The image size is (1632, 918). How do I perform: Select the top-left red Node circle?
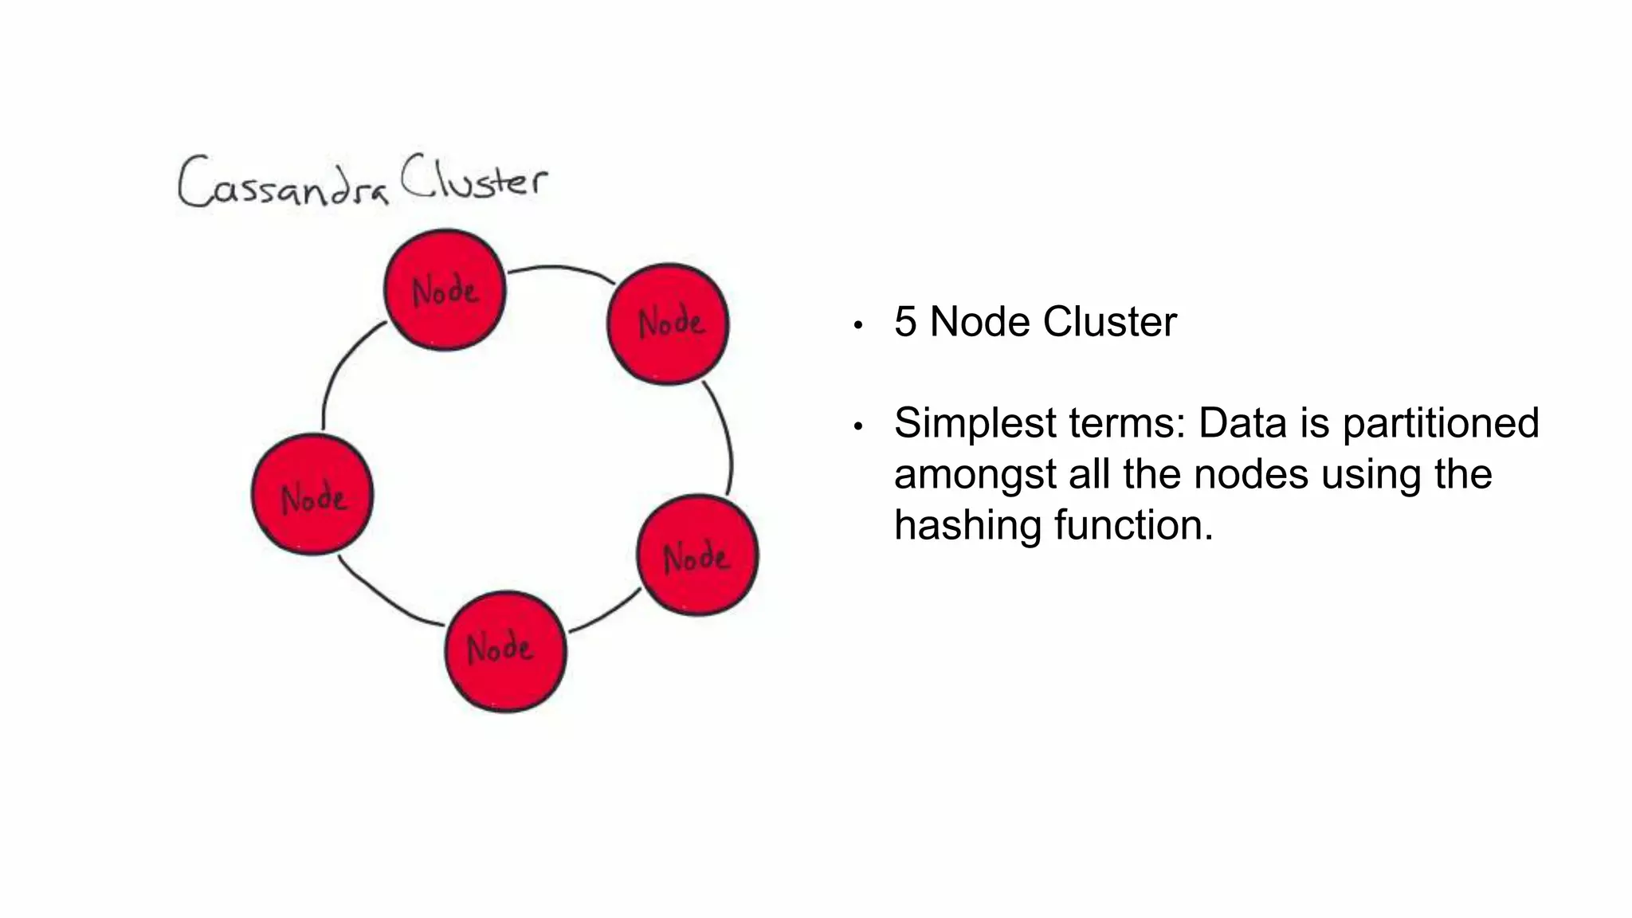445,290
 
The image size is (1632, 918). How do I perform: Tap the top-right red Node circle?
668,324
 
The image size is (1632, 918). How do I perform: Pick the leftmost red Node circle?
312,495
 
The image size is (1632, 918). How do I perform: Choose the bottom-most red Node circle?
505,651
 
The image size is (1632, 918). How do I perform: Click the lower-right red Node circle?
697,555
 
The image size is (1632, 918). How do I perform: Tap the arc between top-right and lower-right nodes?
726,434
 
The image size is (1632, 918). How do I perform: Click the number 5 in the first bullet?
904,322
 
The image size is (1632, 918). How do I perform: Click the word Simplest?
975,423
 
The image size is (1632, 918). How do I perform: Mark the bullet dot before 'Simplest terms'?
858,427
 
